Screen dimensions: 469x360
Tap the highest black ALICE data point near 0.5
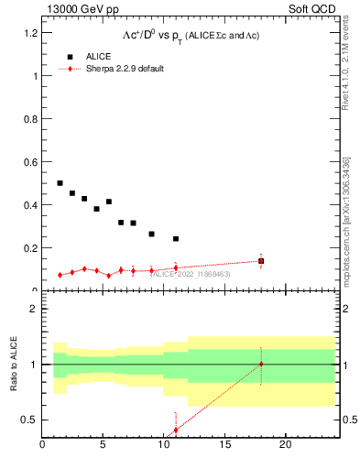coord(60,183)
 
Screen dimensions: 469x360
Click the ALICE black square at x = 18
coord(261,261)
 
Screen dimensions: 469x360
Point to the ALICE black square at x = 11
coord(176,239)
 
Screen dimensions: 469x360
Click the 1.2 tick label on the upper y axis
coord(30,33)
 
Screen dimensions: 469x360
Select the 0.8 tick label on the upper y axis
coord(30,119)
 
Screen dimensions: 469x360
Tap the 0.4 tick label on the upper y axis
coord(30,205)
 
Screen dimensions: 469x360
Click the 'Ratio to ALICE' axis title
coord(13,365)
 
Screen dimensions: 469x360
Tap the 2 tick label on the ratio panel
coord(34,309)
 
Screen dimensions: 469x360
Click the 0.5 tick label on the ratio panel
coord(30,420)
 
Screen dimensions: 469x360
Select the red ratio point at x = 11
coord(176,429)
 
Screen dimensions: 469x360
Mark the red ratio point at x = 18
coord(261,364)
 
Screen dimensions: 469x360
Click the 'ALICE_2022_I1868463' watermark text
coord(191,274)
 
